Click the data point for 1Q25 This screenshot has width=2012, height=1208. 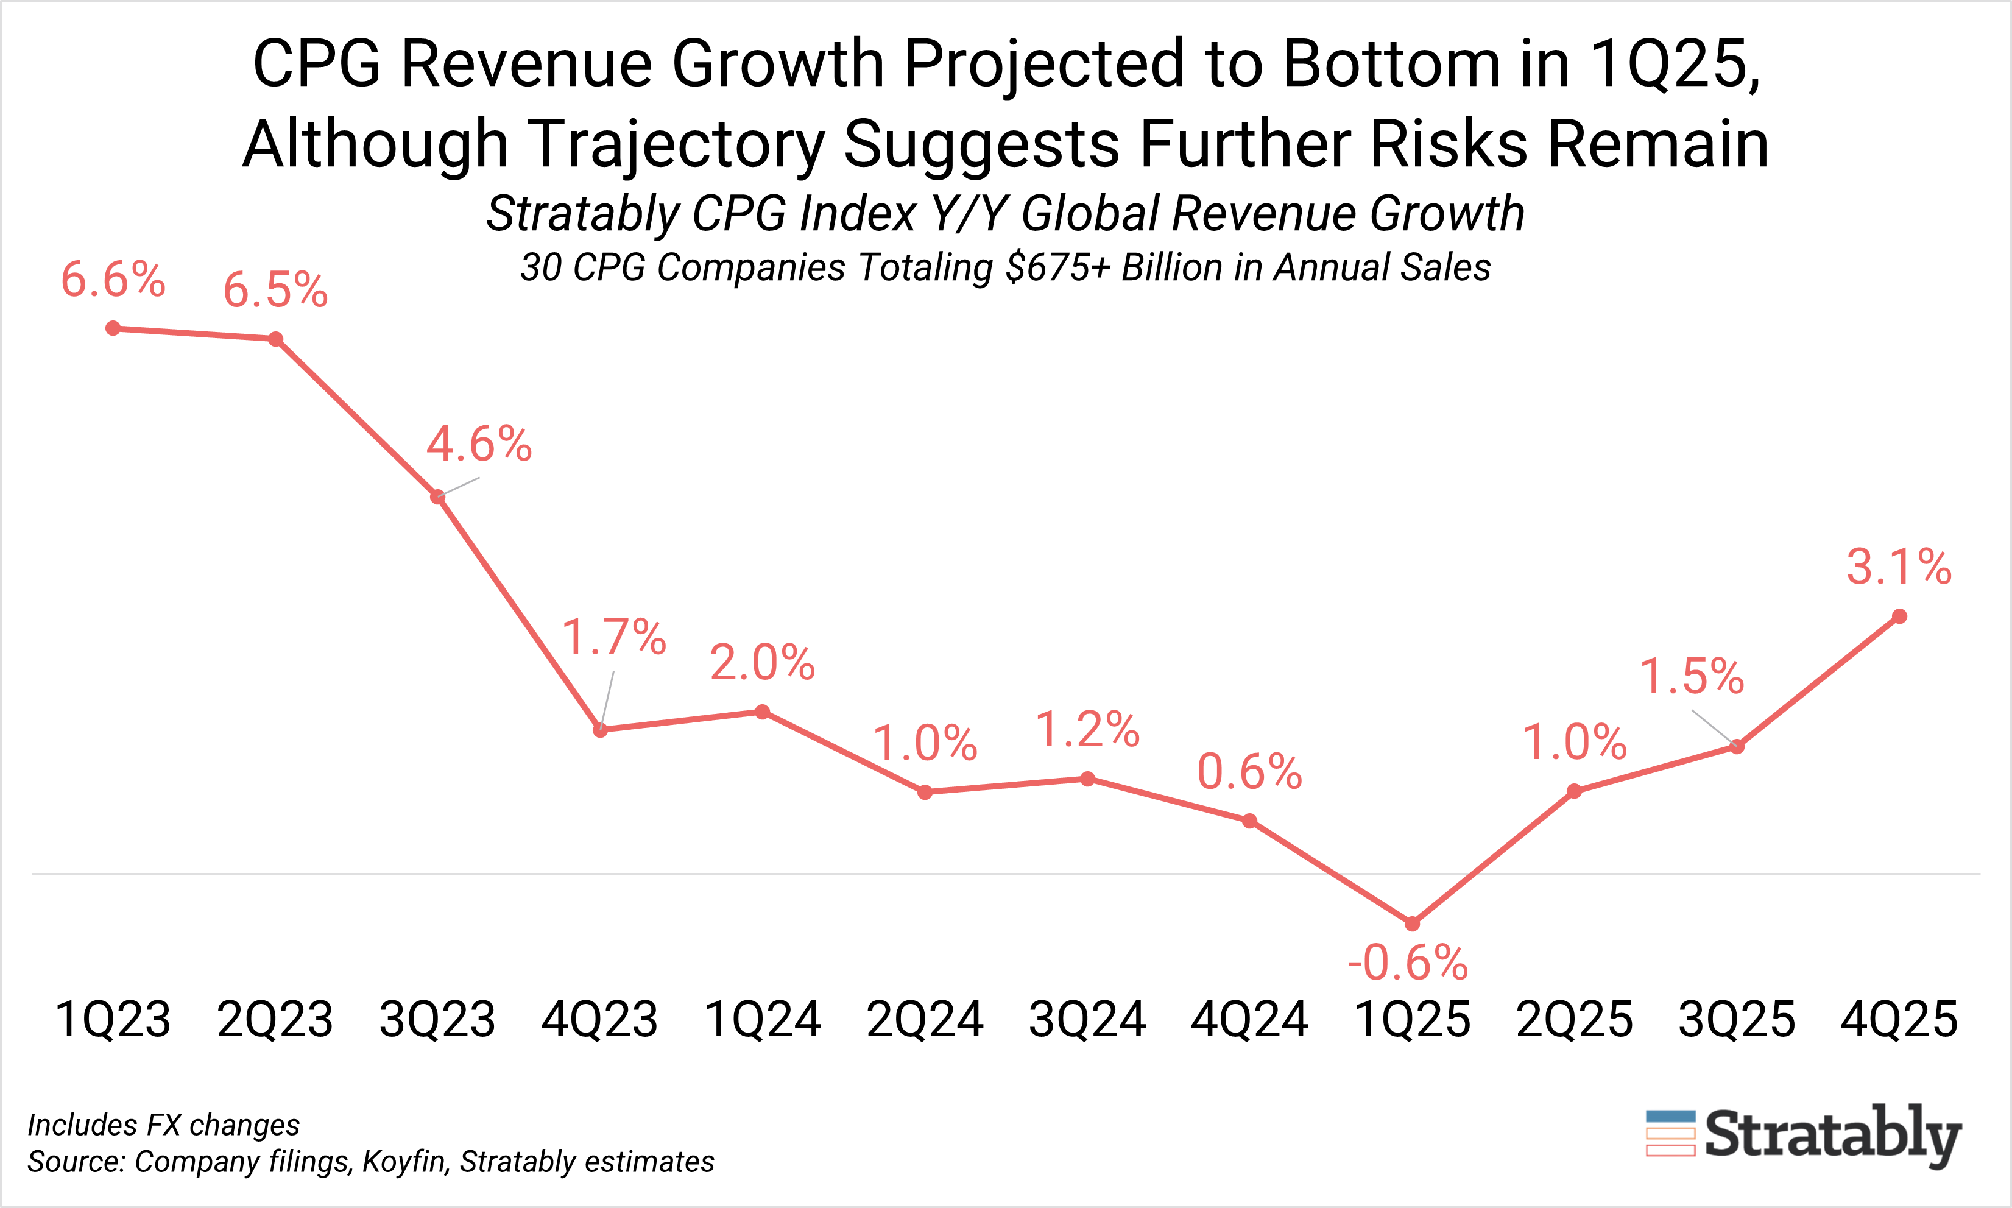coord(1412,924)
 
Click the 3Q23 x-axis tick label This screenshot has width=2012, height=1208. coord(438,1019)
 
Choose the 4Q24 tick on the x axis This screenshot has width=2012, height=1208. coord(1249,1019)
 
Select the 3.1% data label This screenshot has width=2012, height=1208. coord(1899,567)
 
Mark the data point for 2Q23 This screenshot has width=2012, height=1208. coord(276,339)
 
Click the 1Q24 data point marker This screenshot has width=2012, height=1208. coord(763,712)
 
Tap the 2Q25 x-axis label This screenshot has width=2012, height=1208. coord(1574,1019)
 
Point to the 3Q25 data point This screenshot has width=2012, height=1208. coord(1737,746)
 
